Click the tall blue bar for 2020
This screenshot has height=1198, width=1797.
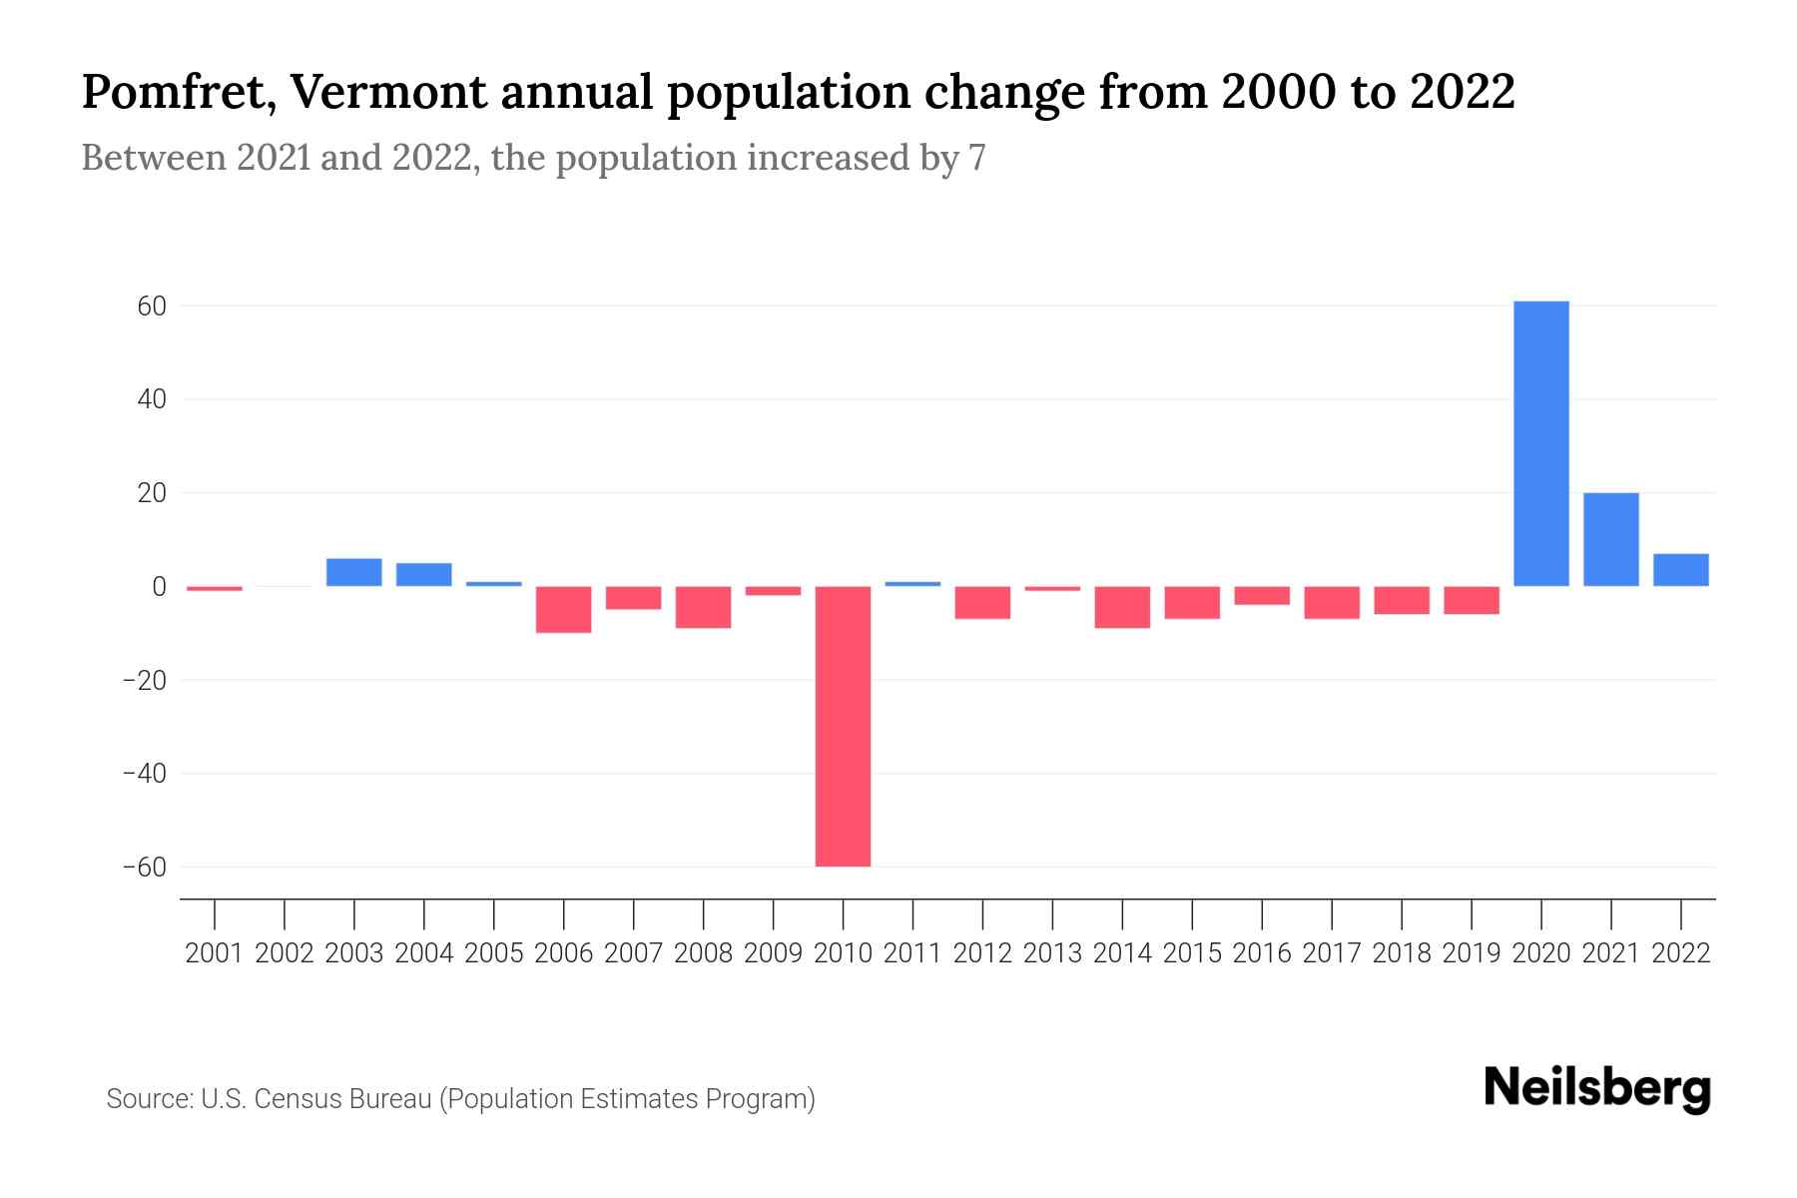[1540, 443]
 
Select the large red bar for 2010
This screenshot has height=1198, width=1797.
[843, 726]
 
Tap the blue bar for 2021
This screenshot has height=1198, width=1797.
[1610, 539]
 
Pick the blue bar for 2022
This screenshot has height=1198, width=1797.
[1680, 569]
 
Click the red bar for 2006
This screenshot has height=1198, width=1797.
[563, 609]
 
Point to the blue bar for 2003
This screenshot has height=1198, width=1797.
[353, 572]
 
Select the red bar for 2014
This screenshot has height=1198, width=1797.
[1122, 607]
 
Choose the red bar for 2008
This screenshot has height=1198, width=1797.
[703, 607]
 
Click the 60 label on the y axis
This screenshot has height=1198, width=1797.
[151, 306]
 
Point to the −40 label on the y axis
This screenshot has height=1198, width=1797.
[144, 774]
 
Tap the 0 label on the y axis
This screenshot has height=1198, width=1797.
[158, 587]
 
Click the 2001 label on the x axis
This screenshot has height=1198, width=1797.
[215, 953]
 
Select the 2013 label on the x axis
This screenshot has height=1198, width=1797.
[1052, 953]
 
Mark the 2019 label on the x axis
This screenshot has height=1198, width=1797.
[1471, 953]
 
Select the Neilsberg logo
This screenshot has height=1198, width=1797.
[1597, 1088]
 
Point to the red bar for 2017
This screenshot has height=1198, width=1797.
[1331, 602]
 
